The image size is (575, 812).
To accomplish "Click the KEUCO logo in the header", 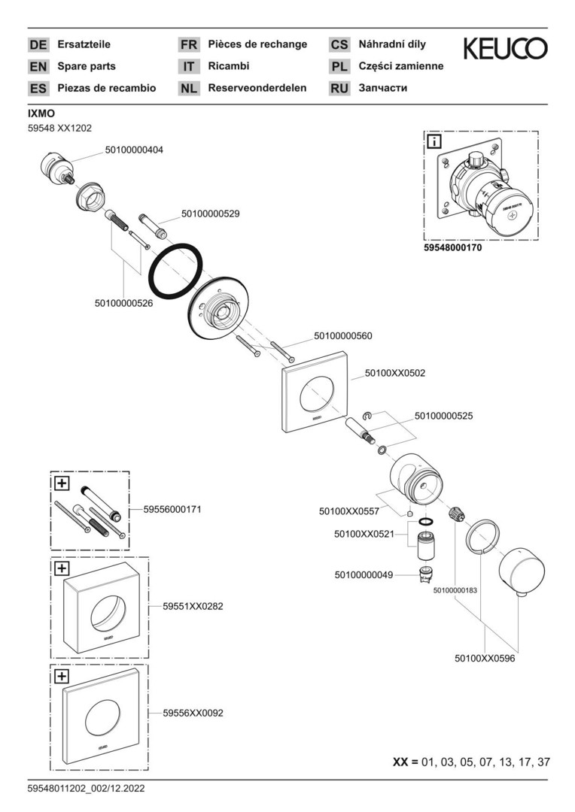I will pos(505,50).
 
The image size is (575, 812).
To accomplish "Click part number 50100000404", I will pos(133,150).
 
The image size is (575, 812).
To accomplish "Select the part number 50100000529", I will pos(210,214).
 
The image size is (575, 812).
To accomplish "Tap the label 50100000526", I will pos(123,303).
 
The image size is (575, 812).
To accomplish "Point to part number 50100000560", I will pos(342,336).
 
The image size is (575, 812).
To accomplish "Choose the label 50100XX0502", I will pos(395,372).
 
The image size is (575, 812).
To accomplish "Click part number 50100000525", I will pos(443,415).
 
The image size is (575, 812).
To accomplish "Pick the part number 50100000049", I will pos(364,575).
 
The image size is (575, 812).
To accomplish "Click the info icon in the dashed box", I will pos(435,141).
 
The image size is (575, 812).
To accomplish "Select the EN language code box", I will pos(38,66).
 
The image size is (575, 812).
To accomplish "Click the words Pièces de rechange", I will pos(257,44).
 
